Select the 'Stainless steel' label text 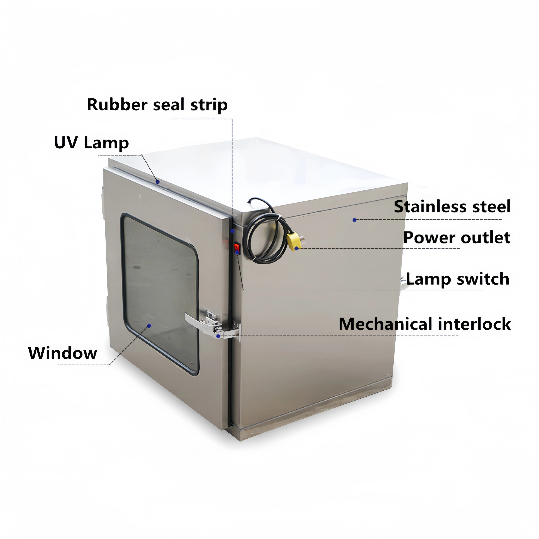pos(452,207)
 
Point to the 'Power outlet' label pos(457,238)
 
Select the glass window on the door pos(160,293)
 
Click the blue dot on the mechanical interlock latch pos(218,336)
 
